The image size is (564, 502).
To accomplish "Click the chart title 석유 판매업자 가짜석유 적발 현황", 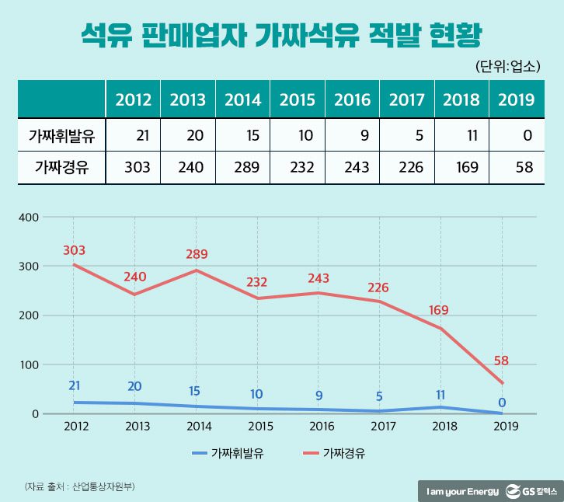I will click(x=281, y=34).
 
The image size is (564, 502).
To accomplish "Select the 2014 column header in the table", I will click(x=243, y=99).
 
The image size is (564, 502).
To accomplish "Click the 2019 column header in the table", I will click(x=517, y=99).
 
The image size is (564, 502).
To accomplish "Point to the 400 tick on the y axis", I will click(x=28, y=217).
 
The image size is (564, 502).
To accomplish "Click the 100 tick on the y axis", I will click(x=28, y=364).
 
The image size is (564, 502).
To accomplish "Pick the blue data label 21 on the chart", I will click(x=75, y=386).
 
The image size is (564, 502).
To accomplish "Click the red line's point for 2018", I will click(x=440, y=328).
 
